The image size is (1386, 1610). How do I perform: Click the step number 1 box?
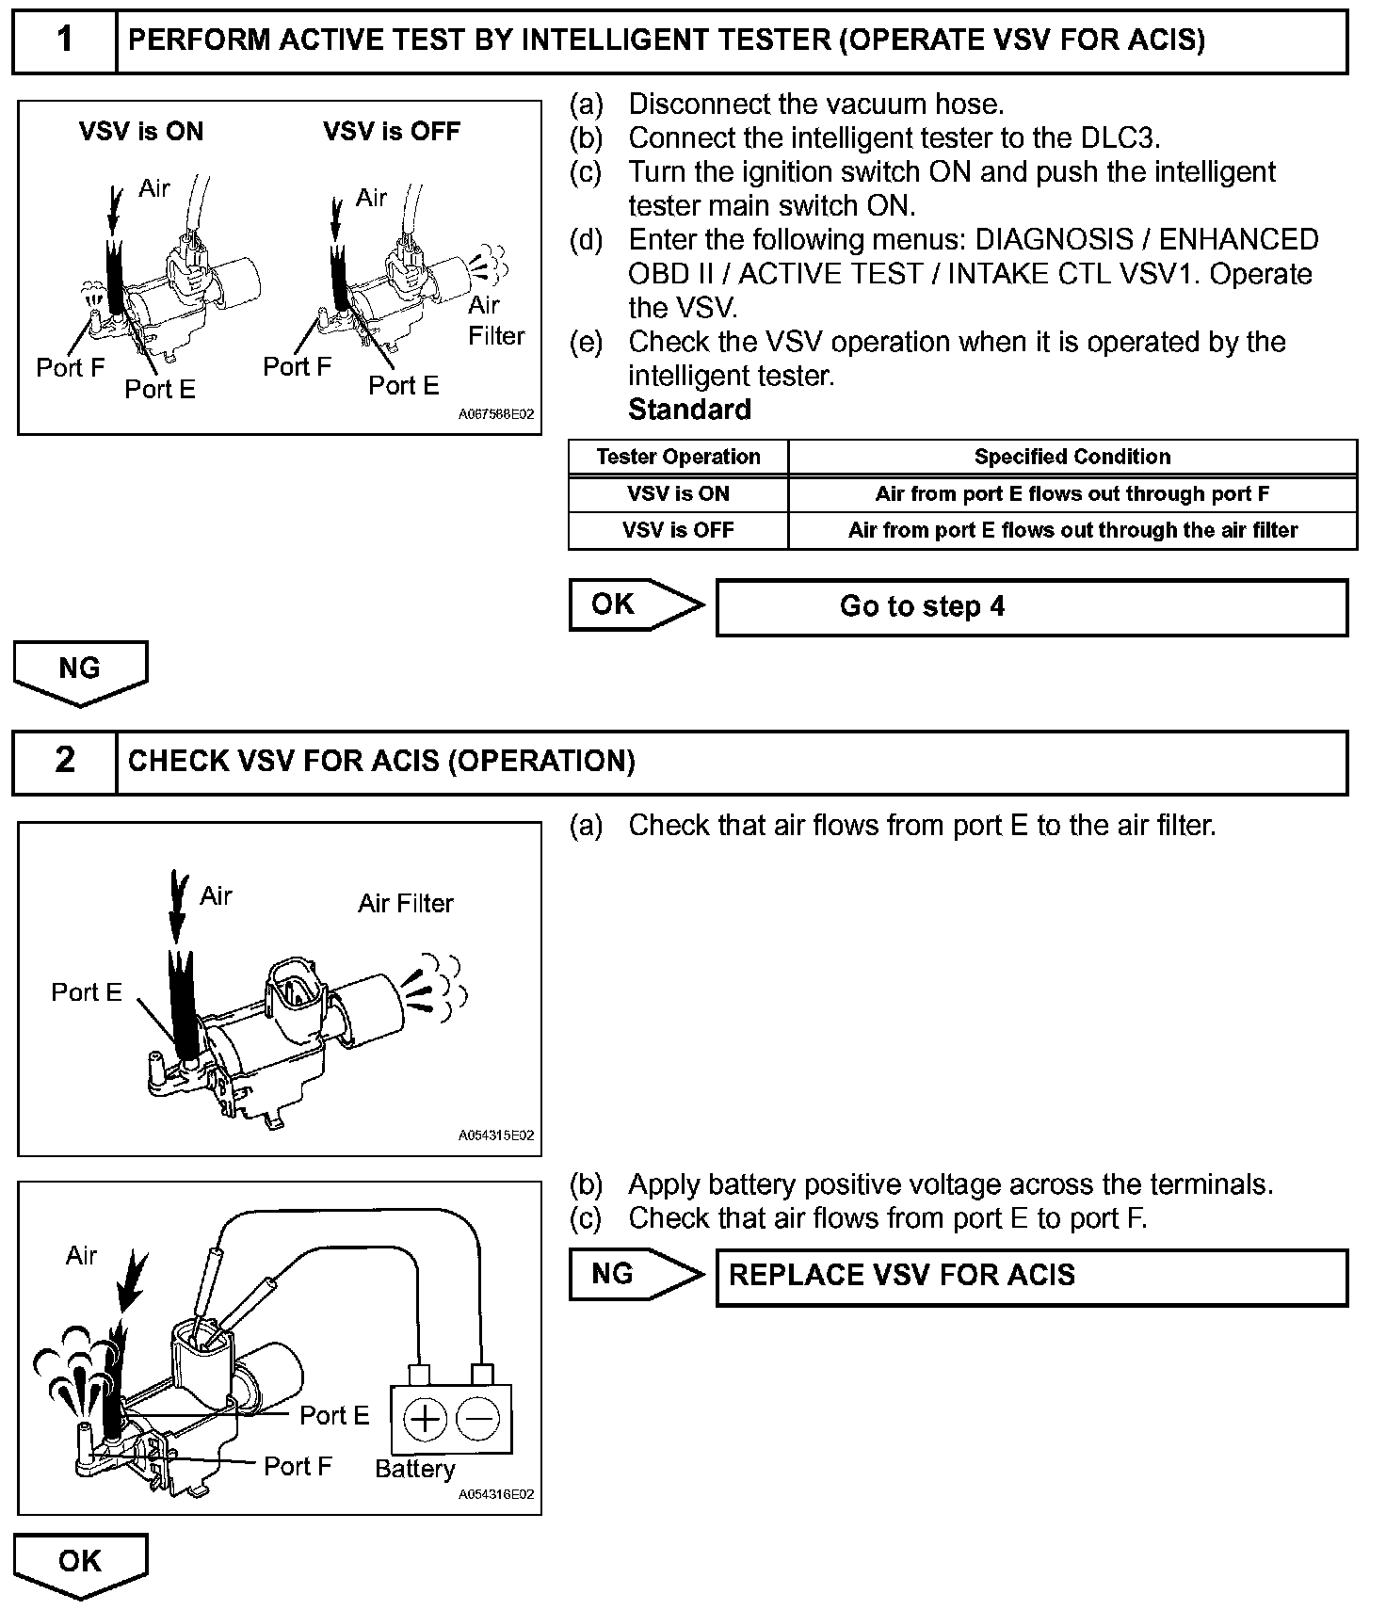point(64,41)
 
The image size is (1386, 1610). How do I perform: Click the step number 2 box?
point(64,762)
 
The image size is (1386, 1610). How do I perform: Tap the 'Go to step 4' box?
point(1031,607)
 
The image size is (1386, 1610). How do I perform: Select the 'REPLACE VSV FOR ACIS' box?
point(1031,1277)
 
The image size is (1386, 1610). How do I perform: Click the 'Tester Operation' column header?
point(678,458)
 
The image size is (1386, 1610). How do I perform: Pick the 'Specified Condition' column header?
point(1072,458)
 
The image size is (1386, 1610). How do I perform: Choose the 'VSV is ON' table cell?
point(678,494)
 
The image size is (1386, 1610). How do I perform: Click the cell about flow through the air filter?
point(1072,531)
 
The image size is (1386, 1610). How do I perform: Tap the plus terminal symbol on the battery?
point(426,1418)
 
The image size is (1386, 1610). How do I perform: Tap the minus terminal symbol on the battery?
point(478,1418)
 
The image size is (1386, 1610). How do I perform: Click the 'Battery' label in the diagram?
point(414,1469)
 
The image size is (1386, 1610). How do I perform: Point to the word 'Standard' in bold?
point(689,410)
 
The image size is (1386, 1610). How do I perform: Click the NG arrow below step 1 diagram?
point(80,669)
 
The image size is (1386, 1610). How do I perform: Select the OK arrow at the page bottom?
point(80,1562)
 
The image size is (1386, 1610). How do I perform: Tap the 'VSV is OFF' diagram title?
point(392,131)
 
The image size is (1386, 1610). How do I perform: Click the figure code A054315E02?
point(495,1135)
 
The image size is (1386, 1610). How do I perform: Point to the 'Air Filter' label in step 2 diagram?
point(405,904)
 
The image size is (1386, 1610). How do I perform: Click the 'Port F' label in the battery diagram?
point(298,1466)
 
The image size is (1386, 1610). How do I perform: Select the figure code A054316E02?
point(495,1494)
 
